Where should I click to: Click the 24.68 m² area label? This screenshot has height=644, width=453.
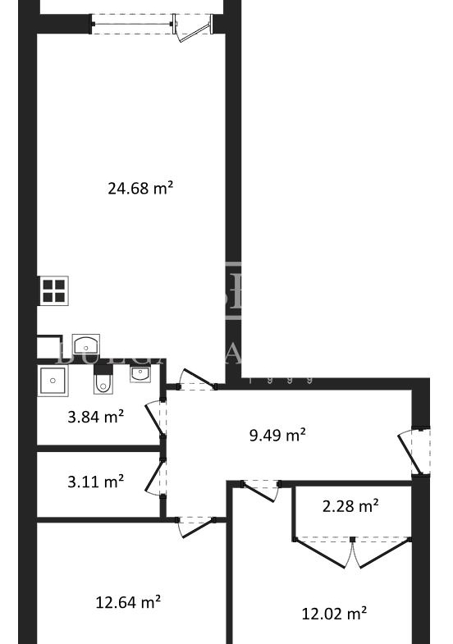(x=140, y=189)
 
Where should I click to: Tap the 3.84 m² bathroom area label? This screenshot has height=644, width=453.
(x=95, y=417)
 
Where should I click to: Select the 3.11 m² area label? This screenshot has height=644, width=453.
(x=95, y=482)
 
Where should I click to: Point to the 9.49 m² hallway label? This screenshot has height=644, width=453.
(x=277, y=435)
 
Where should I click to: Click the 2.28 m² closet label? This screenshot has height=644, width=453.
(x=350, y=506)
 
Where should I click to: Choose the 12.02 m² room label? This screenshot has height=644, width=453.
(x=334, y=614)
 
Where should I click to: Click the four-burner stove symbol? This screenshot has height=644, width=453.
(x=53, y=291)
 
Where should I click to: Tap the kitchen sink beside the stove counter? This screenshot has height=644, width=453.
(x=85, y=345)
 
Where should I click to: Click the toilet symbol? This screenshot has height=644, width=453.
(x=102, y=382)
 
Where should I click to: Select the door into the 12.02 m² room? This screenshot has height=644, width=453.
(x=260, y=490)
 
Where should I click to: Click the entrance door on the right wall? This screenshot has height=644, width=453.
(x=414, y=451)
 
